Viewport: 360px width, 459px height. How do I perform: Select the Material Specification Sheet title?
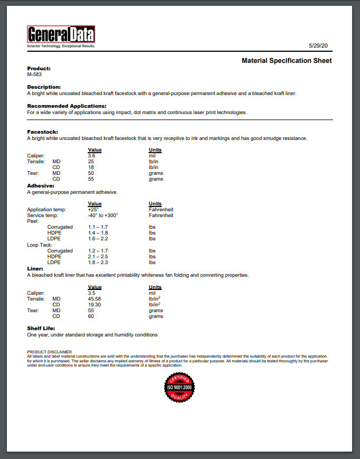pyautogui.click(x=287, y=61)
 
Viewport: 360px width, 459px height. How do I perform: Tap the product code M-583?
pyautogui.click(x=34, y=74)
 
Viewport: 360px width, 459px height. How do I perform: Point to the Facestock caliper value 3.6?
pyautogui.click(x=91, y=156)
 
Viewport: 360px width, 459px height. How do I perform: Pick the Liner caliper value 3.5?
pyautogui.click(x=91, y=293)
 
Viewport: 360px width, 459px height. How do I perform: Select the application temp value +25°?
pyautogui.click(x=94, y=210)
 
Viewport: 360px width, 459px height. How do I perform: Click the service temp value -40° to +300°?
pyautogui.click(x=103, y=216)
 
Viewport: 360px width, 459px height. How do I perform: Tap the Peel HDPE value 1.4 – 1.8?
pyautogui.click(x=98, y=233)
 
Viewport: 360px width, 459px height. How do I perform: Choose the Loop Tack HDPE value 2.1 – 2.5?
pyautogui.click(x=98, y=257)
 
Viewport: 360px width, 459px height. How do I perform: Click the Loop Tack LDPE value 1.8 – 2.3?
pyautogui.click(x=98, y=263)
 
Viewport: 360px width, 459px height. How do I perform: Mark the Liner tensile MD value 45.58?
pyautogui.click(x=95, y=299)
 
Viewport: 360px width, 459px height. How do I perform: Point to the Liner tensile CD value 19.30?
pyautogui.click(x=95, y=305)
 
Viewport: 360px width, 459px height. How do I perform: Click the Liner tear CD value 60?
pyautogui.click(x=91, y=316)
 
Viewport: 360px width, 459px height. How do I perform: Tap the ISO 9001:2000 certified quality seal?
pyautogui.click(x=180, y=387)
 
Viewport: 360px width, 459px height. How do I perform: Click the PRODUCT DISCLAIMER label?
pyautogui.click(x=49, y=352)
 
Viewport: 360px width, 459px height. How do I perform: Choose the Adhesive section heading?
pyautogui.click(x=40, y=186)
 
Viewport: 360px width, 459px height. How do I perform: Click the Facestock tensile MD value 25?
pyautogui.click(x=91, y=162)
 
